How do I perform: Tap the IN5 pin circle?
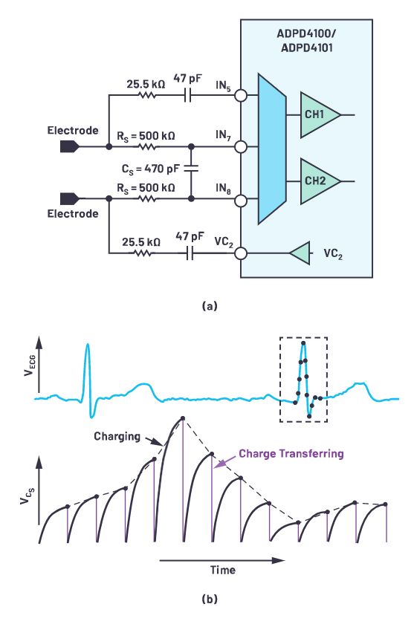click(x=241, y=96)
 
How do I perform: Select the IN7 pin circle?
click(x=241, y=147)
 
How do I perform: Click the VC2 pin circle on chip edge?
click(x=241, y=253)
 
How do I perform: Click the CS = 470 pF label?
click(x=150, y=169)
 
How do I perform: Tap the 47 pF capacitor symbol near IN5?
click(x=188, y=96)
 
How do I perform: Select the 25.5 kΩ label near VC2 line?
click(x=141, y=242)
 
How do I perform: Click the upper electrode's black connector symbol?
click(x=69, y=147)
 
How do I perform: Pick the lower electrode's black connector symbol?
click(x=69, y=199)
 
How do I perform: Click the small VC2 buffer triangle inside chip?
click(x=300, y=253)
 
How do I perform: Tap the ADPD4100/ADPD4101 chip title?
click(x=306, y=41)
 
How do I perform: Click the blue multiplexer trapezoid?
click(x=272, y=149)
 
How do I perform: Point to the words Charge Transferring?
click(x=291, y=454)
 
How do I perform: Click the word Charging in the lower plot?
click(x=117, y=436)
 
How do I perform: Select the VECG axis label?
click(x=30, y=365)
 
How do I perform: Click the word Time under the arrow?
click(x=223, y=570)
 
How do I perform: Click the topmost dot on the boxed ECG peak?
click(x=303, y=343)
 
